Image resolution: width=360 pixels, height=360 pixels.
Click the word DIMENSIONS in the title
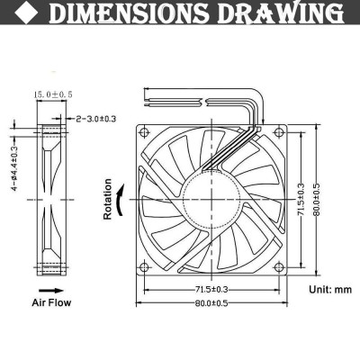point(130,14)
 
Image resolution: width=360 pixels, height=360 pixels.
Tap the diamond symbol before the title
point(22,14)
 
